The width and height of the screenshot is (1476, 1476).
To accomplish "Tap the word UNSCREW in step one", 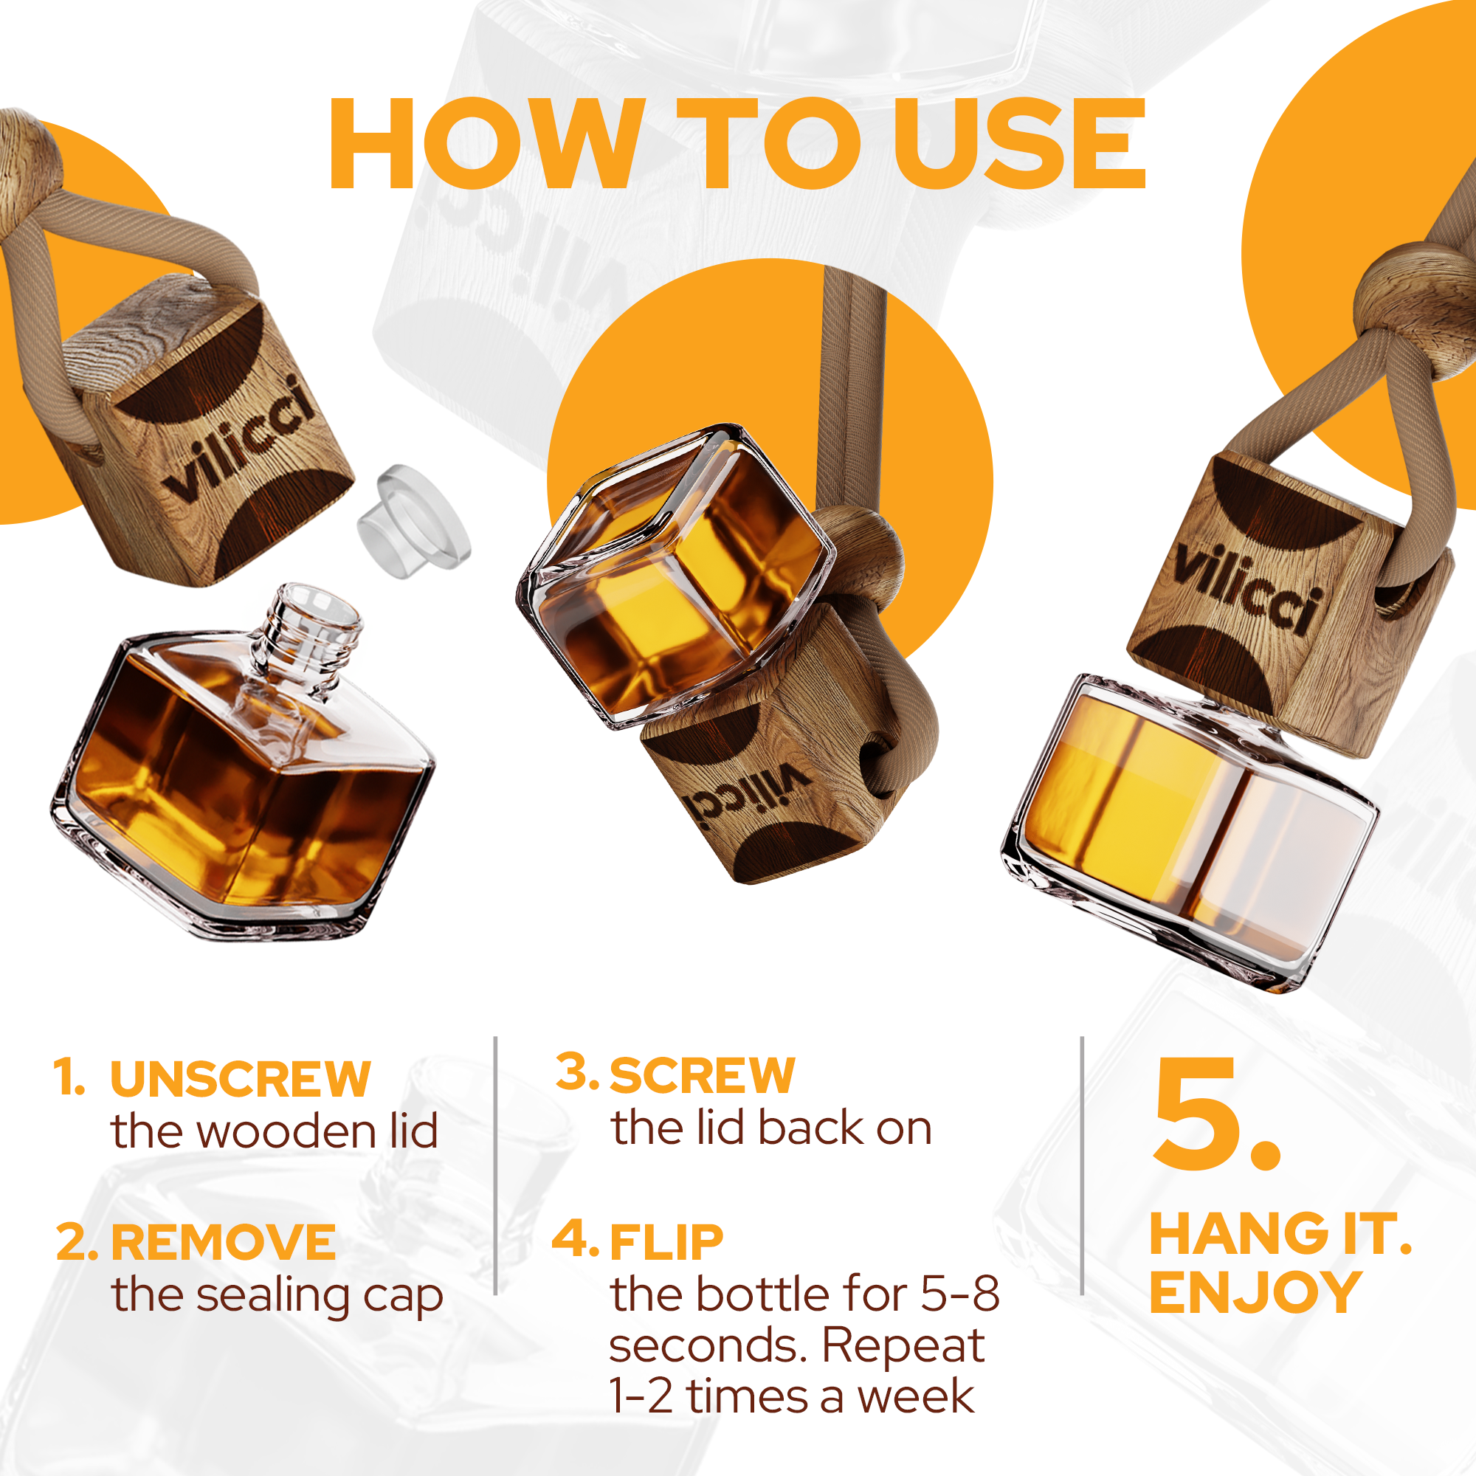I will click(240, 1080).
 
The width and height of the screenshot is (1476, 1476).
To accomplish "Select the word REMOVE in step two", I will click(223, 1242).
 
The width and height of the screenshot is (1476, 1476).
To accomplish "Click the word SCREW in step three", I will click(702, 1076).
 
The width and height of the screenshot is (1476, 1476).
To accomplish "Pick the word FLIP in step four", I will click(666, 1242).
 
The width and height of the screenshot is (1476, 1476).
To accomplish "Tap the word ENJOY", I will click(1255, 1294).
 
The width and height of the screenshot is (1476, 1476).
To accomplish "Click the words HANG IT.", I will click(1280, 1235).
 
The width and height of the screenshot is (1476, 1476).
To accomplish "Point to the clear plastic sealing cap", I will click(413, 521).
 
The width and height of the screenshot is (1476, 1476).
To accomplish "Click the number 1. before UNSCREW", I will click(69, 1078).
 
